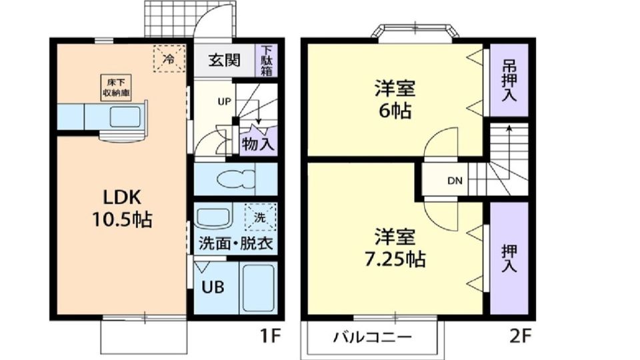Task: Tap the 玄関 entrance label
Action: coord(224,60)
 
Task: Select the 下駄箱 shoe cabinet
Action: coord(267,60)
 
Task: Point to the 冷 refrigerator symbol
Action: coord(169,59)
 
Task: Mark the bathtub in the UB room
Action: coord(259,288)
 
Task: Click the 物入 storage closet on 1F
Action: coord(257,143)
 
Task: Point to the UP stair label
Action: coord(223,101)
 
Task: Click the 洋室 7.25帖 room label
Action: coord(395,247)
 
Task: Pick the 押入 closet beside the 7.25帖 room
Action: coord(509,257)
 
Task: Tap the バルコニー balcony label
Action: coord(372,337)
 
